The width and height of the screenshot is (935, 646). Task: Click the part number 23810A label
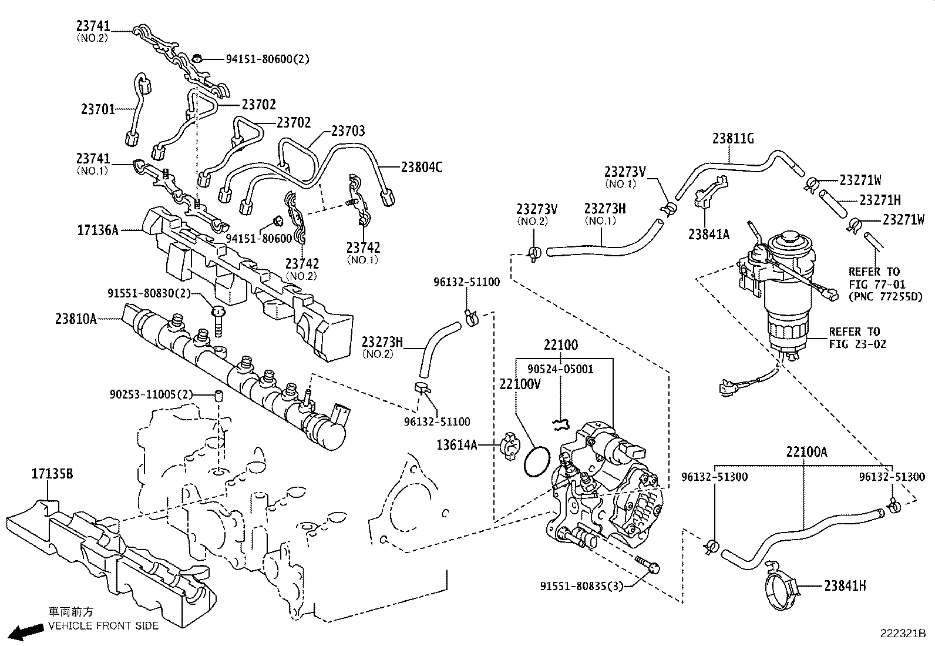coord(76,319)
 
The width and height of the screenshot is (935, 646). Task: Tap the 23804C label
coord(422,167)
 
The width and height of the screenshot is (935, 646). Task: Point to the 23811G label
coord(733,139)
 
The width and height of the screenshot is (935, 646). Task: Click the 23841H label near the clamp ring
coord(845,585)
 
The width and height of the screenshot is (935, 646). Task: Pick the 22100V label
coord(520,384)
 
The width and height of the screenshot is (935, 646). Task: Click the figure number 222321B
coord(902,634)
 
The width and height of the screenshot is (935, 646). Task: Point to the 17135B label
coord(52,473)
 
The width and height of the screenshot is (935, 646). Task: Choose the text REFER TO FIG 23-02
coord(857,338)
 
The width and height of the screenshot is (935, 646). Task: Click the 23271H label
coord(880,200)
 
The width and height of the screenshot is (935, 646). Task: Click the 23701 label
coord(97,109)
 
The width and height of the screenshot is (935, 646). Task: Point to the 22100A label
coord(807,452)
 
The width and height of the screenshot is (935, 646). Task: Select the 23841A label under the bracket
coord(709,235)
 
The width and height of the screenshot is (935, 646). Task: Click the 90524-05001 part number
coord(560,369)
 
